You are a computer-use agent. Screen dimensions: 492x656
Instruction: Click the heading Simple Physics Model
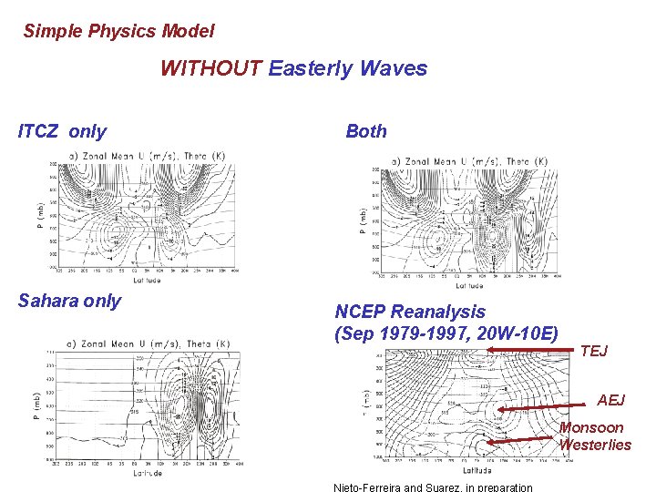tap(118, 31)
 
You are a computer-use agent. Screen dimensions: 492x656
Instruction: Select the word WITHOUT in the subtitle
tap(211, 68)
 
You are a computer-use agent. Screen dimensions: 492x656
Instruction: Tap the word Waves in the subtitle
tap(394, 68)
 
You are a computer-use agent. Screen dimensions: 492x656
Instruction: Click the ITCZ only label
tap(62, 131)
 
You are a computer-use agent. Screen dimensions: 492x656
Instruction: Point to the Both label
tap(366, 131)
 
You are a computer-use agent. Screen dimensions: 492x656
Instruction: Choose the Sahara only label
tap(69, 301)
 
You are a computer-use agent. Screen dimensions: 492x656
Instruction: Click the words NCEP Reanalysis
tap(410, 312)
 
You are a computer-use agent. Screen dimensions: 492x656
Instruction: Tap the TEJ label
tap(593, 351)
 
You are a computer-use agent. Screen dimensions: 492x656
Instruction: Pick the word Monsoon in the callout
tap(591, 427)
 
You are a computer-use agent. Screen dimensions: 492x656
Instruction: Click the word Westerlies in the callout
tap(595, 445)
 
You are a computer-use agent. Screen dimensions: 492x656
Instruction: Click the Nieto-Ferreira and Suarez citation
tap(433, 487)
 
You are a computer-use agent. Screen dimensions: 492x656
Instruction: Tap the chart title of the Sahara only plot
tap(145, 343)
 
